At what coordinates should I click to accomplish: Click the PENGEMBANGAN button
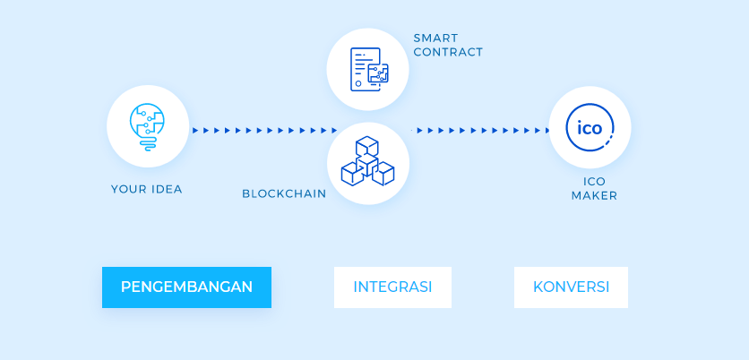click(186, 287)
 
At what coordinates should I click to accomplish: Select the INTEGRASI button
click(392, 287)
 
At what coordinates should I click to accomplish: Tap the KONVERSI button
click(571, 287)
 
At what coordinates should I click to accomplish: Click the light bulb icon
click(147, 126)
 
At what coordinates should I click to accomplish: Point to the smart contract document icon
click(369, 69)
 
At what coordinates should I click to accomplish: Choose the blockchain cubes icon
click(367, 161)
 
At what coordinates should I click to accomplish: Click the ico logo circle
click(590, 127)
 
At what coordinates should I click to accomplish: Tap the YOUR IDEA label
click(147, 189)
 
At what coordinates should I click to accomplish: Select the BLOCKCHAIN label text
click(284, 193)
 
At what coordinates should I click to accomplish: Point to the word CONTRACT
click(448, 52)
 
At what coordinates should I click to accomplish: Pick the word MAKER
click(594, 195)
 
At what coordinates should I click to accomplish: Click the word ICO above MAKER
click(594, 182)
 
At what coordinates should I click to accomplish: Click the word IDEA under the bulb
click(167, 189)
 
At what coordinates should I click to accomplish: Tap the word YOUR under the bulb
click(129, 189)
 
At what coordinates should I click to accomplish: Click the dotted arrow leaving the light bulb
click(265, 131)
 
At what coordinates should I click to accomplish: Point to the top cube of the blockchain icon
click(367, 146)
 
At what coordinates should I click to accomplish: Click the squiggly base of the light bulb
click(148, 145)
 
